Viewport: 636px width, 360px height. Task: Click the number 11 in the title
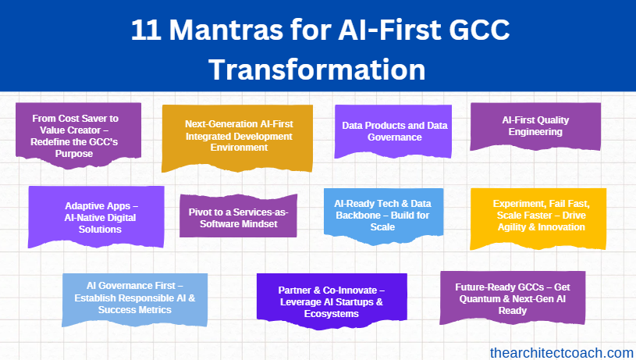[146, 30]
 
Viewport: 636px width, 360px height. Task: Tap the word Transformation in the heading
[317, 70]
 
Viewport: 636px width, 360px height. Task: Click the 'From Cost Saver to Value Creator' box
[78, 135]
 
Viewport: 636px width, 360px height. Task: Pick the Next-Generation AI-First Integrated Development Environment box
[237, 138]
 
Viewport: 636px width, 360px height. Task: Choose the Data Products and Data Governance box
[393, 131]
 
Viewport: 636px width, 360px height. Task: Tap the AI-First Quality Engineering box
[535, 127]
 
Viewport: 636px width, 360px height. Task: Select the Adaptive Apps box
[96, 217]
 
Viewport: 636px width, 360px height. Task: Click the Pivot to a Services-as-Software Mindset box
[239, 216]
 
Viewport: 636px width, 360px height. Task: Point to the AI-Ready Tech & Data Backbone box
[383, 216]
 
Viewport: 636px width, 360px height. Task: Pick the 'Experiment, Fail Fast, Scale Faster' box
[538, 219]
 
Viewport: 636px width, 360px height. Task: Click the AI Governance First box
[135, 300]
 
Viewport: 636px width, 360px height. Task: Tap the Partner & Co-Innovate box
[332, 301]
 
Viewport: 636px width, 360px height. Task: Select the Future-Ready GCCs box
[513, 298]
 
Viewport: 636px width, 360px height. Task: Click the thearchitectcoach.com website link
[562, 353]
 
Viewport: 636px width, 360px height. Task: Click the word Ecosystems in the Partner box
[332, 314]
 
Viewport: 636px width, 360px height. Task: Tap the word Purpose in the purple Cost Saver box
[74, 154]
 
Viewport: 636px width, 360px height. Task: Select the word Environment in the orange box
[239, 148]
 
